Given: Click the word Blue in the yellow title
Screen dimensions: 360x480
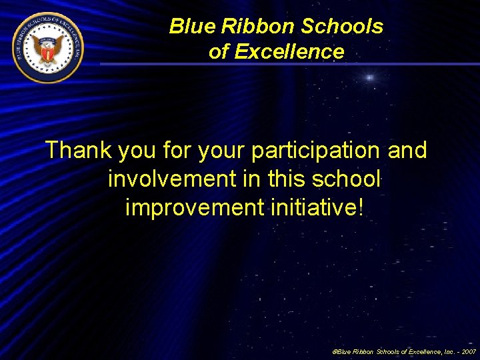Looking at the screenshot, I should (x=189, y=27).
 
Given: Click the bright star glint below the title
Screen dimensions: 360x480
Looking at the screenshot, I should (x=369, y=78).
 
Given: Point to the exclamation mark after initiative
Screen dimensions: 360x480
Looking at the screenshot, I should (x=361, y=207).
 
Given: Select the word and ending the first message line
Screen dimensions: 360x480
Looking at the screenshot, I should (x=407, y=151).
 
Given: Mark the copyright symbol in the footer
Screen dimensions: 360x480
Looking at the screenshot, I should (x=334, y=351).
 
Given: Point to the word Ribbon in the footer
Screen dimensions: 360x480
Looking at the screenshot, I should (x=364, y=351).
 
